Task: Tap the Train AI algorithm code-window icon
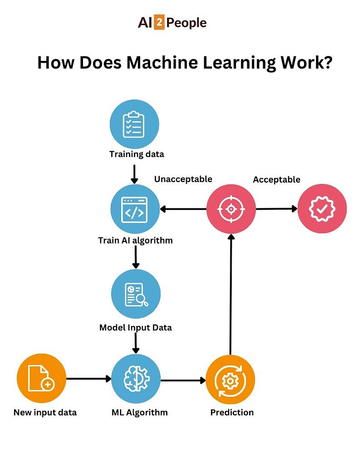(x=135, y=209)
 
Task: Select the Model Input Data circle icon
(x=136, y=294)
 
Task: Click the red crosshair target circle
(x=231, y=209)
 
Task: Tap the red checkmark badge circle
(x=322, y=209)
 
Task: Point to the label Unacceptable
(x=183, y=179)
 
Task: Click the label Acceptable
(x=277, y=180)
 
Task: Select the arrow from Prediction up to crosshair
(x=231, y=295)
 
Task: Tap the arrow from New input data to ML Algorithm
(x=88, y=379)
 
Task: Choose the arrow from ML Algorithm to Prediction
(x=183, y=381)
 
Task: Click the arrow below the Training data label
(x=135, y=174)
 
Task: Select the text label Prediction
(x=232, y=412)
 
